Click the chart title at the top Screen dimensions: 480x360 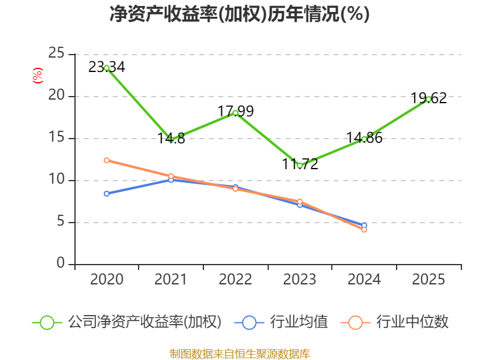239,14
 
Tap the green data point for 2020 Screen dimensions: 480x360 107,68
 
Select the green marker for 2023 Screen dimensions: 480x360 299,166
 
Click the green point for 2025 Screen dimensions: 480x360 428,99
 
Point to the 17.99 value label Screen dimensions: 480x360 235,111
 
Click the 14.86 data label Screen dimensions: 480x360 364,138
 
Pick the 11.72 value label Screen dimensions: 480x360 299,164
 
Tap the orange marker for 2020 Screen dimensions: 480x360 107,160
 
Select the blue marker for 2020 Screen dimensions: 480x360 107,193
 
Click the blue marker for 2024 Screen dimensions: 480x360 364,226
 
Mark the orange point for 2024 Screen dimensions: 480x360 364,230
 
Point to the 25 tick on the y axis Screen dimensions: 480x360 56,53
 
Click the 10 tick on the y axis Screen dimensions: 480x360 56,179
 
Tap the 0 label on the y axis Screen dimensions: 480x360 61,263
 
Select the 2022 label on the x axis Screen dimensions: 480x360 235,280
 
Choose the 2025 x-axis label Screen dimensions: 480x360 428,280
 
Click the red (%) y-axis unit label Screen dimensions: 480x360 38,76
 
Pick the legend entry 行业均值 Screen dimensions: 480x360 281,322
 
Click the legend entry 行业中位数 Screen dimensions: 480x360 394,322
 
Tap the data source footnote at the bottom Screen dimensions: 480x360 240,354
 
